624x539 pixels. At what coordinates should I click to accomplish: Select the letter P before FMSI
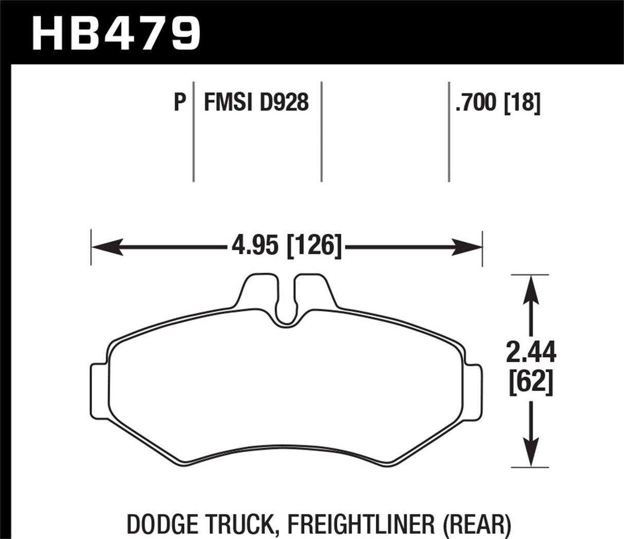[x=179, y=103]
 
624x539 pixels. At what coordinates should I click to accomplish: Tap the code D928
[x=284, y=103]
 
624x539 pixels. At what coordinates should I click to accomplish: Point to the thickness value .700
[x=475, y=103]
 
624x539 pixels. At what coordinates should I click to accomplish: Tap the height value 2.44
[x=531, y=353]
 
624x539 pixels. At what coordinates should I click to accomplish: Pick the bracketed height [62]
[x=531, y=382]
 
